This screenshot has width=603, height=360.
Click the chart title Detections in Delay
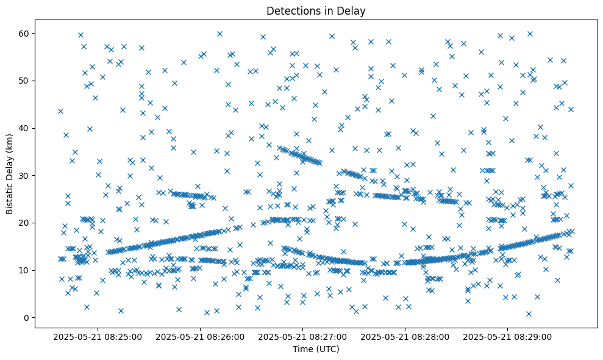(x=316, y=11)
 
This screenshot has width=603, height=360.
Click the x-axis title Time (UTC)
(x=316, y=349)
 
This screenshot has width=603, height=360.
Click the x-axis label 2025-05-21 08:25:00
(x=98, y=336)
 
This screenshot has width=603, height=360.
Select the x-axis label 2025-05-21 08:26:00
(x=200, y=336)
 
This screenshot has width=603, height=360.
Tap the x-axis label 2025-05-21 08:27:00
(x=302, y=336)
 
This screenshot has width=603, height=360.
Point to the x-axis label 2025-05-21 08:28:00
(x=405, y=336)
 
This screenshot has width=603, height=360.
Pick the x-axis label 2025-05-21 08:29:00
(x=507, y=336)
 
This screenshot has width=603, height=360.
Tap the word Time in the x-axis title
(x=303, y=349)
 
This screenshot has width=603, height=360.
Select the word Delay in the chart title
(x=353, y=11)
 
